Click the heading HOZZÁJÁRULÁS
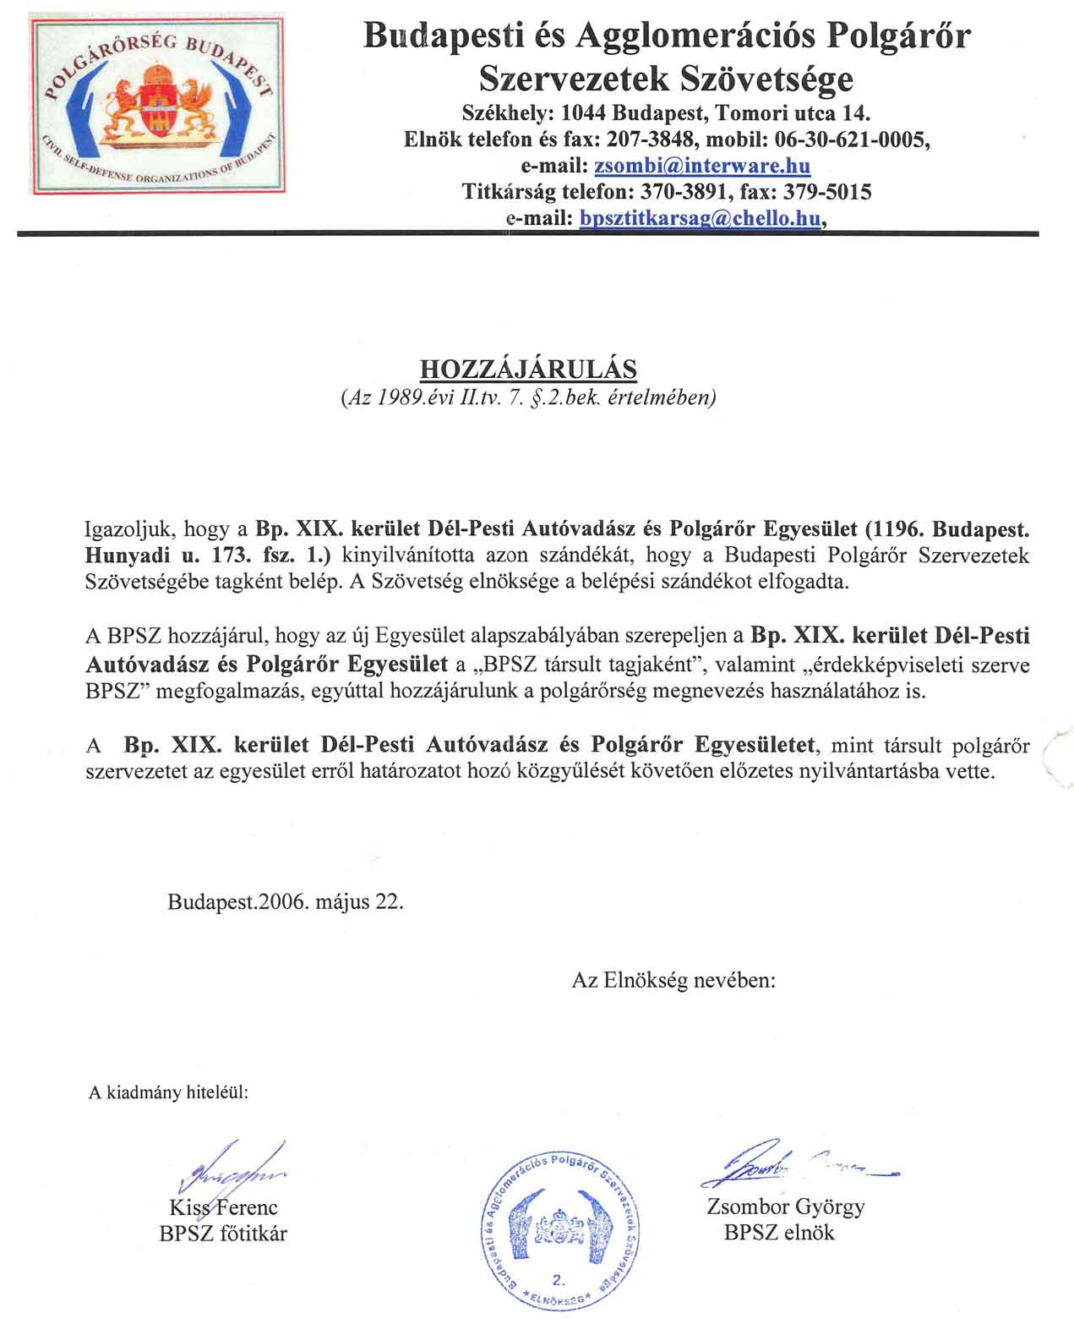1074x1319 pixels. pos(528,369)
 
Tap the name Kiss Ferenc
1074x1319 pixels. pos(223,1207)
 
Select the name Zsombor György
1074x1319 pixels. pos(785,1207)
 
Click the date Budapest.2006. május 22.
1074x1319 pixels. pos(286,901)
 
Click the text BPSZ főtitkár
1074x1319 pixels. pos(223,1234)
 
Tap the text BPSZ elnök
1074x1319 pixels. pos(778,1232)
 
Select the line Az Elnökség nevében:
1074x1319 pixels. pos(673,980)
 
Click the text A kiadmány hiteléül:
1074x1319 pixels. pos(169,1092)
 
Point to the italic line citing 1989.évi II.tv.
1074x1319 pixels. pos(528,397)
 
